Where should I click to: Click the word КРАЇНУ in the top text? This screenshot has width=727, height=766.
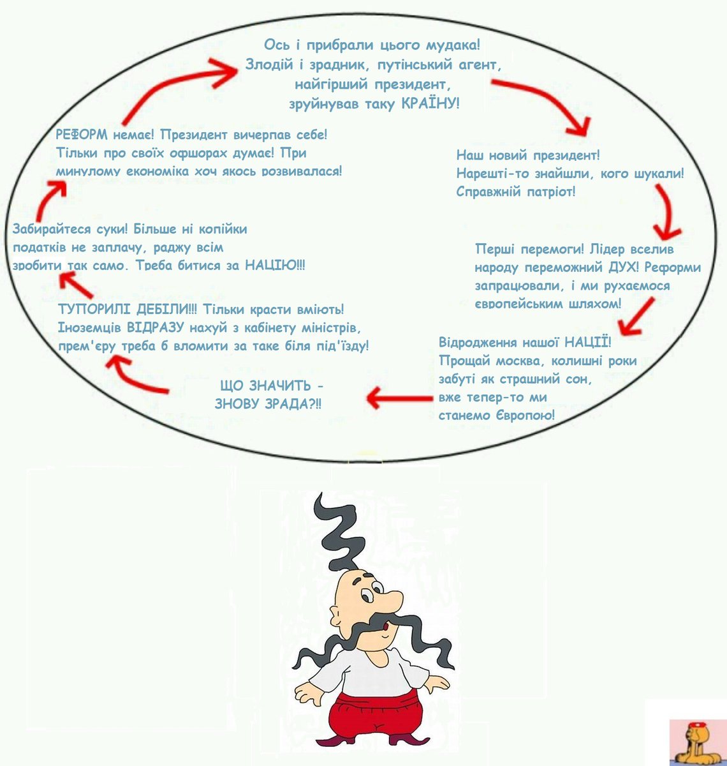pyautogui.click(x=430, y=103)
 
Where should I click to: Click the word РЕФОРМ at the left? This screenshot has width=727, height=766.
pyautogui.click(x=83, y=135)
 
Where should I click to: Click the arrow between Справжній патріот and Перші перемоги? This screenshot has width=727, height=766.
pyautogui.click(x=667, y=214)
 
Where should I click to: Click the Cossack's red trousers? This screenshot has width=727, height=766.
pyautogui.click(x=376, y=715)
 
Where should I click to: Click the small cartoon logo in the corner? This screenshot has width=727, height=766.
pyautogui.click(x=698, y=740)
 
